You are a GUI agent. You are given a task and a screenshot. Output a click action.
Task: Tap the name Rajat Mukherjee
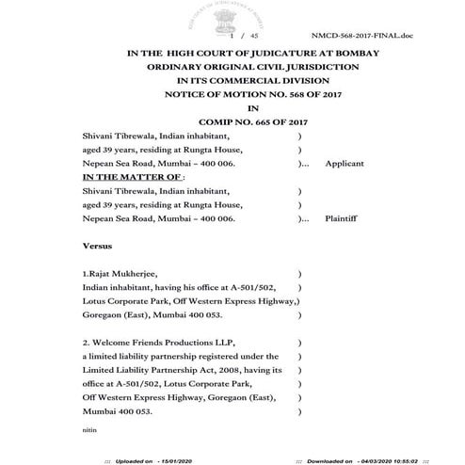click(118, 273)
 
